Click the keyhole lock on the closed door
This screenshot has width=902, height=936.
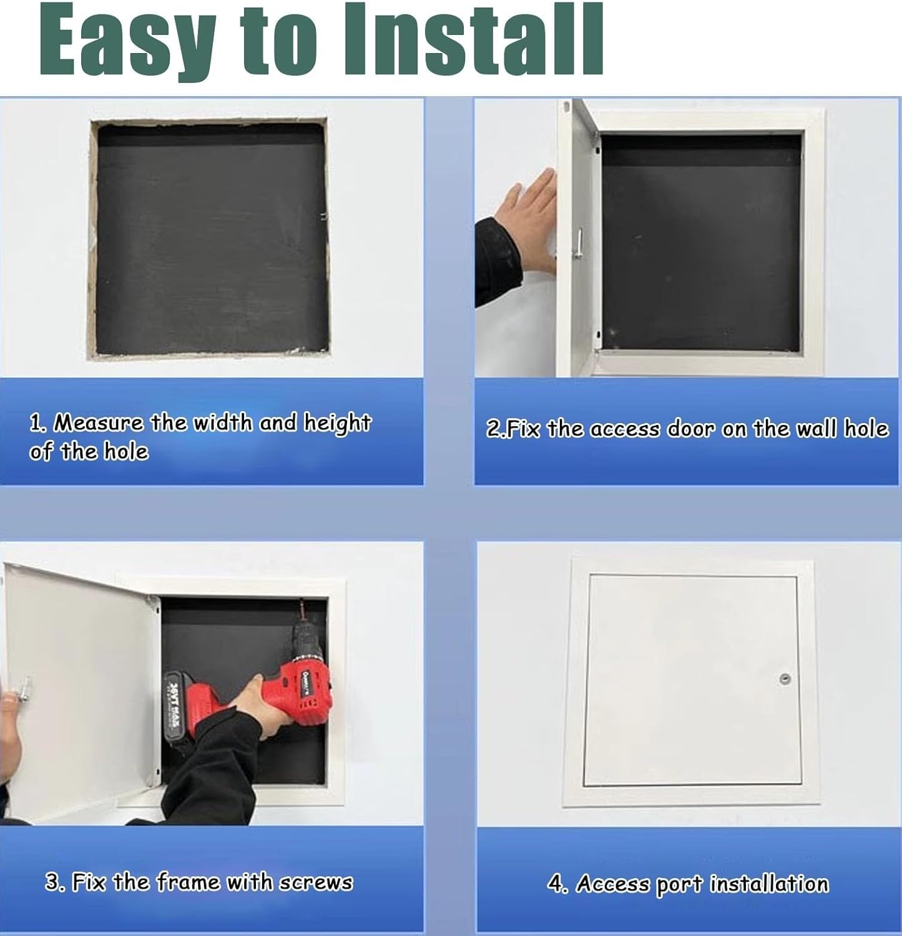(785, 679)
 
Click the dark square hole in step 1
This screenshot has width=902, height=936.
(211, 240)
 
